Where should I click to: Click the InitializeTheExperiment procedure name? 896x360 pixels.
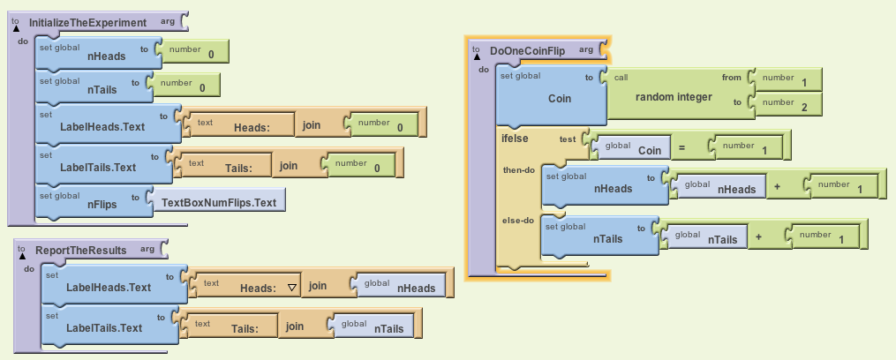point(87,21)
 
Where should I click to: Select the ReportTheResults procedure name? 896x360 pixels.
point(80,250)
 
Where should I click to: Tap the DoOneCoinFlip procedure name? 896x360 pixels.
point(527,50)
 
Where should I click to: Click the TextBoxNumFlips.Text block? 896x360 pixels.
point(220,202)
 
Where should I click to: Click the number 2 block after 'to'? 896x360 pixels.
point(787,106)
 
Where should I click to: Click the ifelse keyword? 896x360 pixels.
point(515,139)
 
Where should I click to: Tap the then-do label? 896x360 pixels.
point(519,169)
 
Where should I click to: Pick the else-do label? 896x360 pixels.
point(519,221)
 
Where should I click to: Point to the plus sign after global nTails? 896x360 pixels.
point(758,238)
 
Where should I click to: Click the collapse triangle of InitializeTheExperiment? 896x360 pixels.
point(16,28)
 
